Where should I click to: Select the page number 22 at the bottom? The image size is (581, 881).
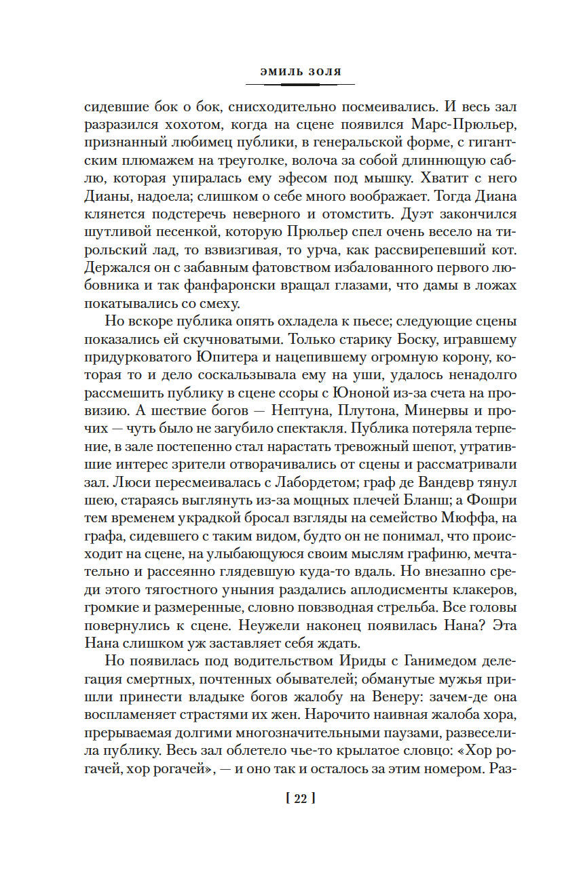299,799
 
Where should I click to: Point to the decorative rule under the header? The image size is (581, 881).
299,84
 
